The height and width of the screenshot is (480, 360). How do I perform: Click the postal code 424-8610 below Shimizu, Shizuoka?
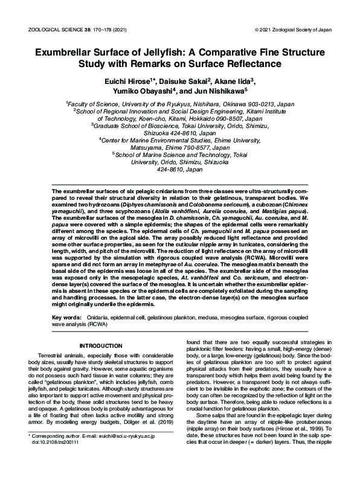tap(179, 170)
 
